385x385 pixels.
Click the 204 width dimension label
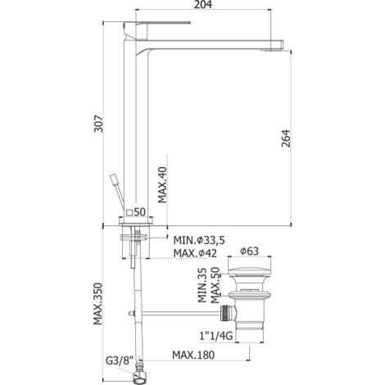coord(203,5)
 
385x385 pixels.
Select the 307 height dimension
coord(98,124)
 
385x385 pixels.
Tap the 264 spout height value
coord(286,138)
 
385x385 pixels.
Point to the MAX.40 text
coord(163,184)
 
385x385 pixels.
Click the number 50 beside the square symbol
coord(139,212)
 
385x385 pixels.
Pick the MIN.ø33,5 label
coord(199,241)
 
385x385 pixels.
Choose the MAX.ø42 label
coord(195,253)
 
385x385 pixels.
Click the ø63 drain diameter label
coord(249,251)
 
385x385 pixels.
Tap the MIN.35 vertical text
coord(202,285)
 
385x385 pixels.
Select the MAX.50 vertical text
coord(215,285)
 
